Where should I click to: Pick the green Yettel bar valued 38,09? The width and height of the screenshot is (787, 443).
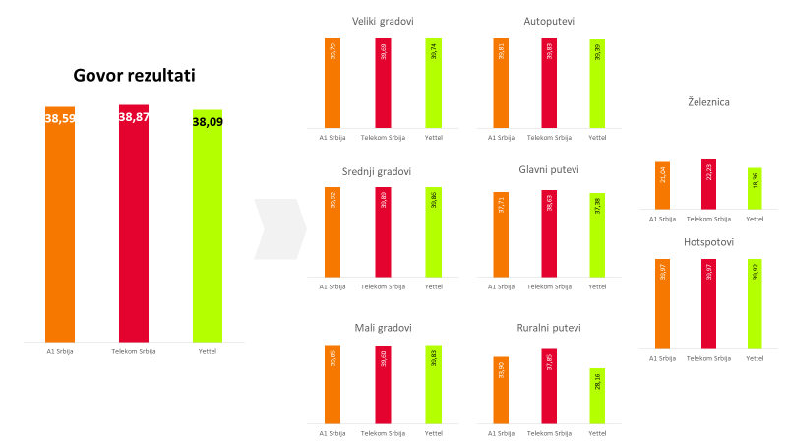pos(208,226)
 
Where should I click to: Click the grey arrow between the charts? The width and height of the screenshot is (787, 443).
pos(280,229)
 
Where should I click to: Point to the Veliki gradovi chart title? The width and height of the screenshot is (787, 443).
pos(383,22)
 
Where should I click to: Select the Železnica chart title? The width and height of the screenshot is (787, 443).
pos(708,101)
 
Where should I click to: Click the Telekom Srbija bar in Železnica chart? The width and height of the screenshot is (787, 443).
pos(708,184)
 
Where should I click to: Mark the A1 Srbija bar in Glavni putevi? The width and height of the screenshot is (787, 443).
pos(502,234)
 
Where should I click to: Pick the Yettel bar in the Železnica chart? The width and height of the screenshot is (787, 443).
pos(755,188)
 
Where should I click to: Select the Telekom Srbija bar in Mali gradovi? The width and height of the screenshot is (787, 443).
pos(383,385)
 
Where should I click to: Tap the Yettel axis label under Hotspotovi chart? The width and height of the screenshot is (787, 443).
pos(755,358)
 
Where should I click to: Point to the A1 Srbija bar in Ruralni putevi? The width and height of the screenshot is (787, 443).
pos(502,390)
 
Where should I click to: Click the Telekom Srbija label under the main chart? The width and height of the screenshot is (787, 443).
pos(134,351)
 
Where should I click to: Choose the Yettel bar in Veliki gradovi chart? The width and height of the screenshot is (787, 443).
pos(434,83)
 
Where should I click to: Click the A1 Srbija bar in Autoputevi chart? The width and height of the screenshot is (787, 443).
pos(502,83)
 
